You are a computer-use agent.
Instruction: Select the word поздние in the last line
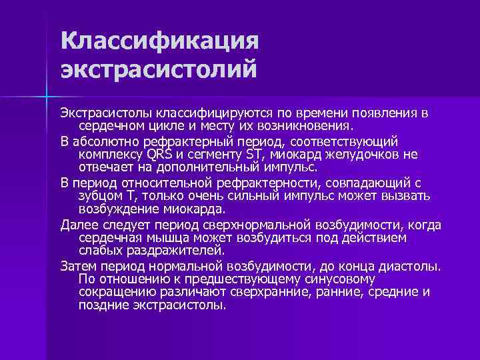point(101,305)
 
